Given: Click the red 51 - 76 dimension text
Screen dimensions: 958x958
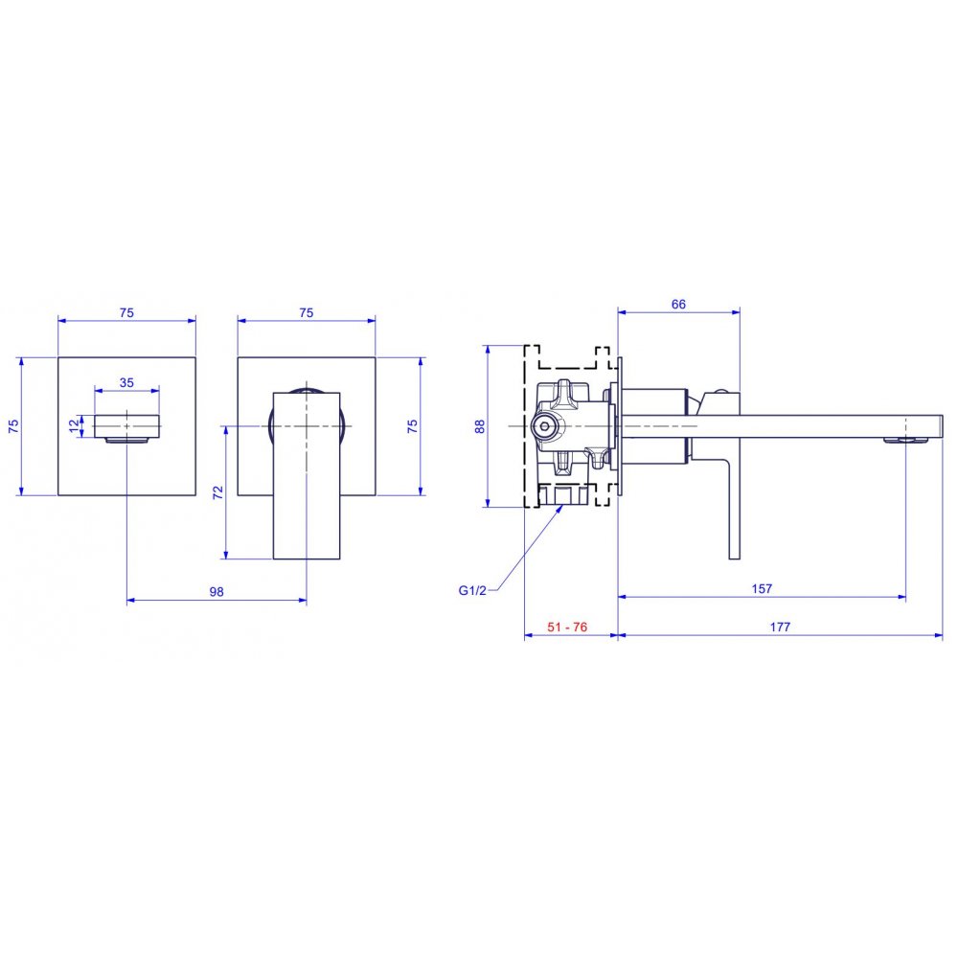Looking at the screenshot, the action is coord(567,627).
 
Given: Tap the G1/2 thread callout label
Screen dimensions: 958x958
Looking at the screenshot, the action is coord(472,590).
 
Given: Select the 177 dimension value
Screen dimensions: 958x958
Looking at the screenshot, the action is coord(780,627).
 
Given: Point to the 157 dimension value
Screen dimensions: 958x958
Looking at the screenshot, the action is coord(762,588).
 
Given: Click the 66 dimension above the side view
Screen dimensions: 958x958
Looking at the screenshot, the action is coord(678,305).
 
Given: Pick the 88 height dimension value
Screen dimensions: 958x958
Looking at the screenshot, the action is coord(480,426).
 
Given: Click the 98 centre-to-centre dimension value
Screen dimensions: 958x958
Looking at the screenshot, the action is coord(217,591).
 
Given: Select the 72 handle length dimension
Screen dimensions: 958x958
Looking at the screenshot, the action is coord(218,492).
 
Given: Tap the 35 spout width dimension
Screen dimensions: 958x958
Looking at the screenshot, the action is coord(126,382).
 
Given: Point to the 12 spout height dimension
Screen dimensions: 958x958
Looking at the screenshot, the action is coord(75,425).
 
